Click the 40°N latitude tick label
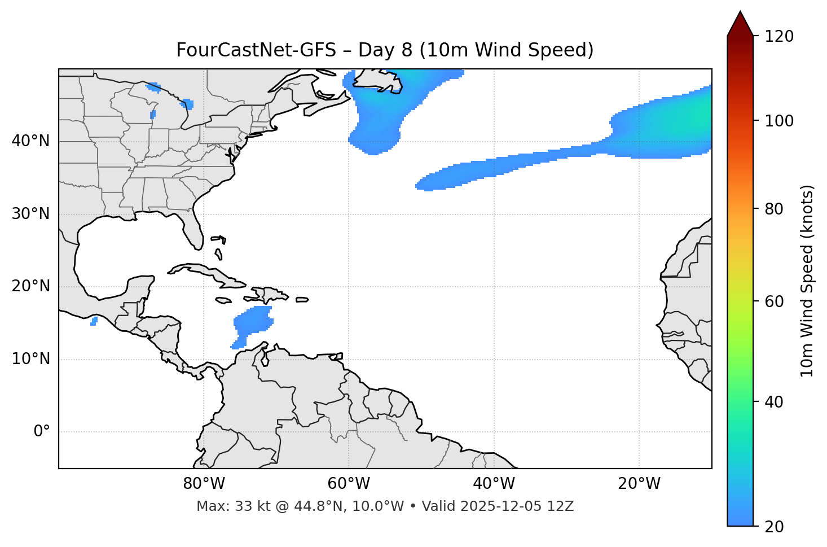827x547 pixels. point(30,141)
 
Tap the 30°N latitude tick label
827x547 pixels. point(30,214)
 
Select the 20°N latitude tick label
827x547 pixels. point(30,286)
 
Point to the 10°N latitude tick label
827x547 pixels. point(30,359)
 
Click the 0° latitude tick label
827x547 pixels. point(42,432)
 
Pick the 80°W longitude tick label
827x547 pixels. point(204,484)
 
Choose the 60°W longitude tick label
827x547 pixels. point(349,484)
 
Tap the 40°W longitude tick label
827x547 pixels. point(494,484)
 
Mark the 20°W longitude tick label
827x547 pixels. point(639,484)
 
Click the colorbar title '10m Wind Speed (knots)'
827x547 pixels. point(807,281)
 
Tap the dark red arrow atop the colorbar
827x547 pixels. point(740,24)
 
